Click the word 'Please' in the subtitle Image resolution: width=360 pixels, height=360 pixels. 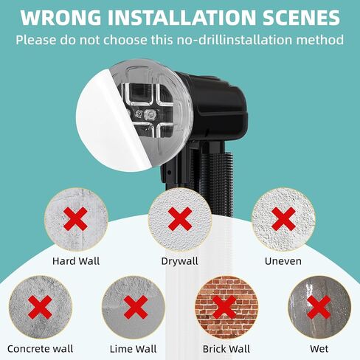pyautogui.click(x=38, y=38)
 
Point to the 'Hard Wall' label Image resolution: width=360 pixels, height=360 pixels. pyautogui.click(x=76, y=260)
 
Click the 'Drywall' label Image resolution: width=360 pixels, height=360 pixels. pyautogui.click(x=179, y=260)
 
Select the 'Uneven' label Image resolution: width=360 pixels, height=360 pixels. pyautogui.click(x=283, y=260)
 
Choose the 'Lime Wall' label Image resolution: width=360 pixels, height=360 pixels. pyautogui.click(x=134, y=348)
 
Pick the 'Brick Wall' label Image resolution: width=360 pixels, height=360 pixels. pyautogui.click(x=226, y=348)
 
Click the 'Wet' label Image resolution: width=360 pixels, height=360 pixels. pyautogui.click(x=318, y=348)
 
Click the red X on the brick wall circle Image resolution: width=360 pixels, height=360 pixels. pyautogui.click(x=226, y=307)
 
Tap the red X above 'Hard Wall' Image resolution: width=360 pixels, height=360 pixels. pyautogui.click(x=75, y=218)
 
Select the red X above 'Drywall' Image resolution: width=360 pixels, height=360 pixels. pyautogui.click(x=179, y=218)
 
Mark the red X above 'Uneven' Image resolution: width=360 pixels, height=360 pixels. pyautogui.click(x=283, y=218)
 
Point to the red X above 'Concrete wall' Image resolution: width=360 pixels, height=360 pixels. pyautogui.click(x=40, y=307)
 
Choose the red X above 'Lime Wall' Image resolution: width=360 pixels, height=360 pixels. pyautogui.click(x=134, y=307)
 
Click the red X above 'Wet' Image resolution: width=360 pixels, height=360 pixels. pyautogui.click(x=318, y=307)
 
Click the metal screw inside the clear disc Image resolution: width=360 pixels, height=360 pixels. pyautogui.click(x=150, y=114)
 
